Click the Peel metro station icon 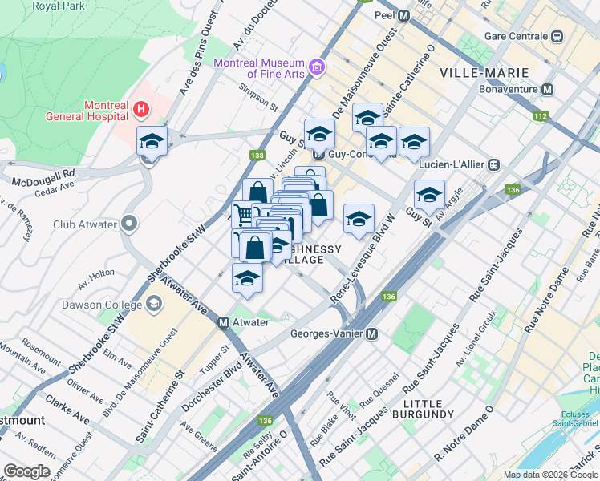403,15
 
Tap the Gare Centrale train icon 555,36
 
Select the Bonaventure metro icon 549,89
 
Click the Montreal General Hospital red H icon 142,108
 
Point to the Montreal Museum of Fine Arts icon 318,67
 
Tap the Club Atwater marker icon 130,224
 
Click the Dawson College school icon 153,304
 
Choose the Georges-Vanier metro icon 372,334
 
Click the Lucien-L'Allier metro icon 494,164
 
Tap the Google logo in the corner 26,471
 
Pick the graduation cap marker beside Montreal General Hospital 152,142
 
